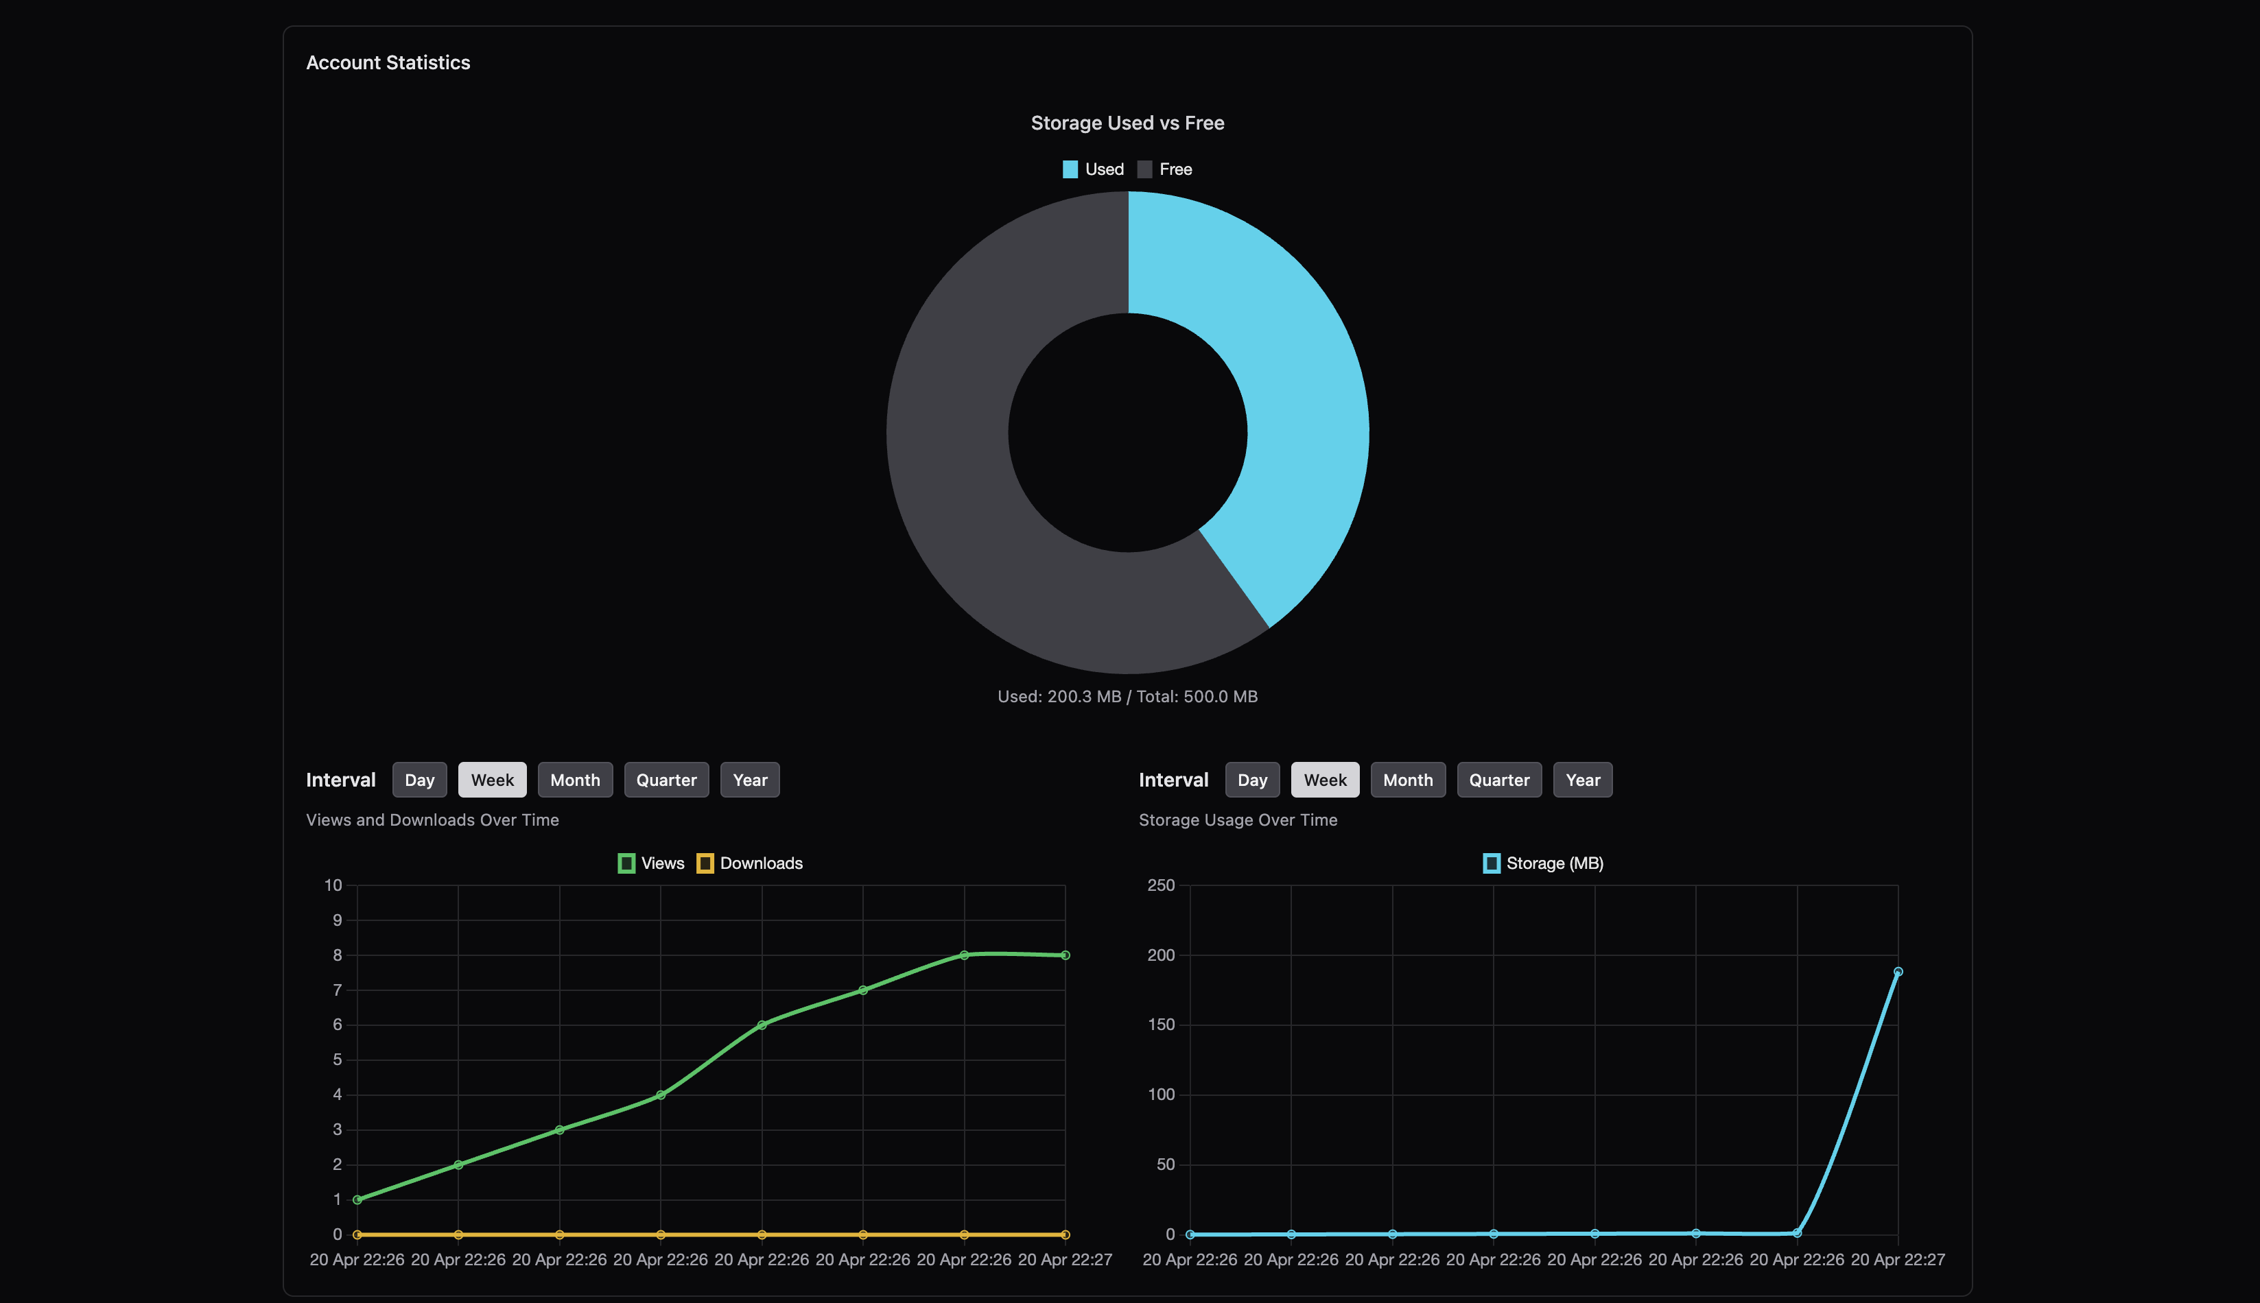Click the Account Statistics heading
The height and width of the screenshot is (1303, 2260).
(388, 62)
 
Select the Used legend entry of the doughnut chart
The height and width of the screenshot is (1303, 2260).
(1093, 169)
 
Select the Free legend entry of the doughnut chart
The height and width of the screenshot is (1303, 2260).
(1164, 169)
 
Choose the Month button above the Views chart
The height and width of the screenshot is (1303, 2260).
(575, 780)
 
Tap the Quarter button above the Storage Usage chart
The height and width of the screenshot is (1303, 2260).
(1499, 780)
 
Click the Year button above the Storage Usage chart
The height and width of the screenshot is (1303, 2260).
(1582, 780)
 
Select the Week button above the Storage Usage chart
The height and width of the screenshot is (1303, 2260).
(1325, 780)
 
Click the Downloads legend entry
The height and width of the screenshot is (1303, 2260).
(749, 863)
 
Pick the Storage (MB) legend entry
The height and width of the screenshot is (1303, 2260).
(1543, 863)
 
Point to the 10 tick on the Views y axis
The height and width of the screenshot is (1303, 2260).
(333, 885)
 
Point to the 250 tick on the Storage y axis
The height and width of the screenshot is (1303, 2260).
(1161, 885)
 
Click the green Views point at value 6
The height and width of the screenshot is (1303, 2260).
(762, 1025)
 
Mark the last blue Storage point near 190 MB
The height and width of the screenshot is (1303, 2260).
(1898, 971)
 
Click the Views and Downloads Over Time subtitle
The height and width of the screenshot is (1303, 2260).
(432, 820)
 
